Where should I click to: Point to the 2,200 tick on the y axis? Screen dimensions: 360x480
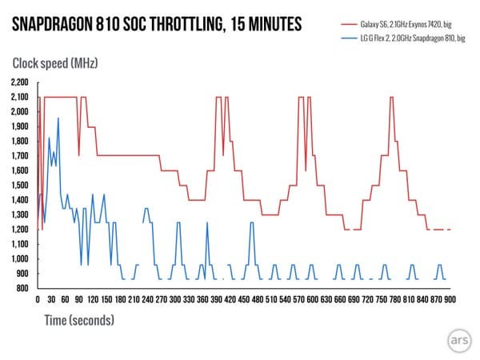19,82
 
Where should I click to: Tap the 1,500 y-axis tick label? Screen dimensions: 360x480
19,185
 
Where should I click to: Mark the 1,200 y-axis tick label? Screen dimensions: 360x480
19,229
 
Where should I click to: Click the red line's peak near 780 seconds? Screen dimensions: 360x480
391,98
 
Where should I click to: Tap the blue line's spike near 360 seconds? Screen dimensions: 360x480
207,222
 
